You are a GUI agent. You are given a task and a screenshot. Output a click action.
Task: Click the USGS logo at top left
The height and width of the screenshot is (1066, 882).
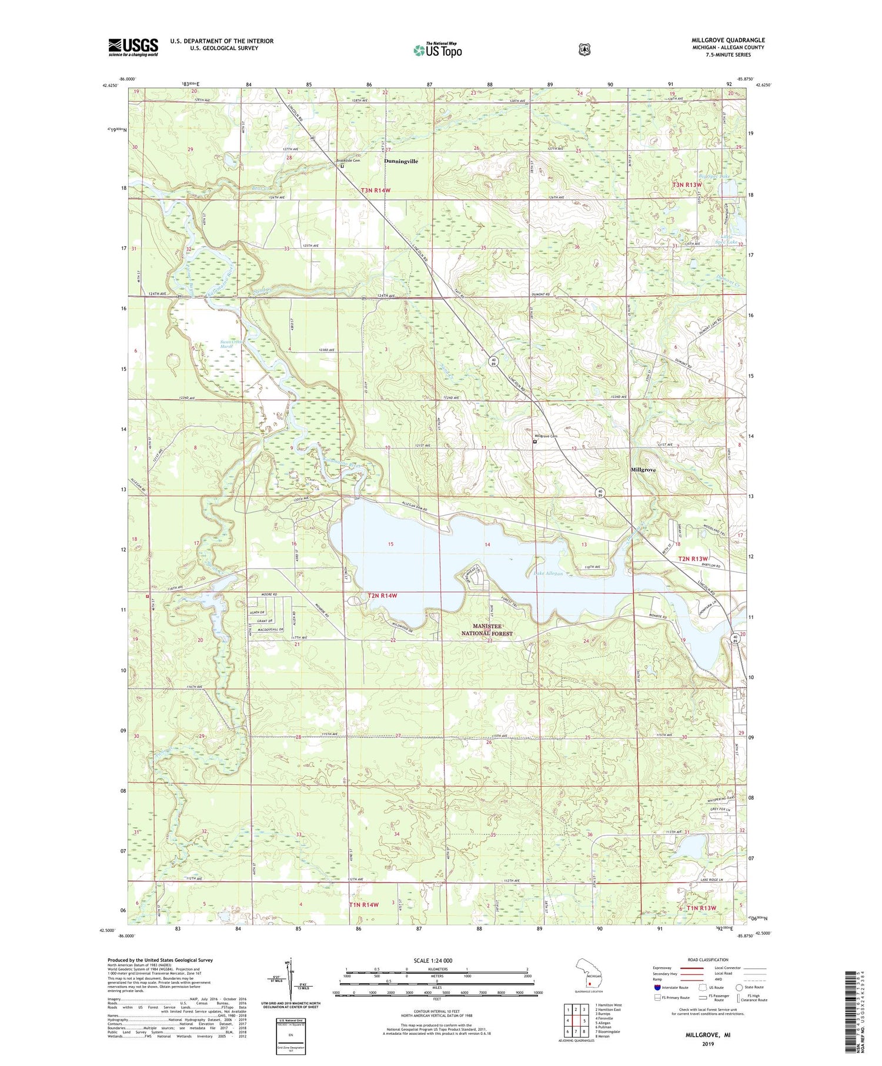point(133,47)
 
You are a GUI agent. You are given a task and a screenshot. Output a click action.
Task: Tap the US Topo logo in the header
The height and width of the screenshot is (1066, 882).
point(437,50)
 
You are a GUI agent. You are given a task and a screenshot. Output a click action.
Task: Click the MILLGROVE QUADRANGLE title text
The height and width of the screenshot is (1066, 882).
point(728,40)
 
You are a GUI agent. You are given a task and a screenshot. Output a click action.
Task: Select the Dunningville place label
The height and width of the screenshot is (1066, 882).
point(401,161)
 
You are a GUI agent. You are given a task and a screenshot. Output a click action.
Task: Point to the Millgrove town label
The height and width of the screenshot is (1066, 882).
point(643,470)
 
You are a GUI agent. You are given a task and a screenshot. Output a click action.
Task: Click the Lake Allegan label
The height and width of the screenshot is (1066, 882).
point(548,573)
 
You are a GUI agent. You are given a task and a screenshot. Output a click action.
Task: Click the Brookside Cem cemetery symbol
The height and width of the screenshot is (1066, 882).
point(343,166)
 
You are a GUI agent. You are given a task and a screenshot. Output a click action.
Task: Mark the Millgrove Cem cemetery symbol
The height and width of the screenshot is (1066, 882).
point(534,442)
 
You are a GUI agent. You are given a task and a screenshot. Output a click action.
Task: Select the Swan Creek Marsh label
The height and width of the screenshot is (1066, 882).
point(227,344)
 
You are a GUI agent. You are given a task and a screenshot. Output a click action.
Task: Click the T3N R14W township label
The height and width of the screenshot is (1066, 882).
point(376,191)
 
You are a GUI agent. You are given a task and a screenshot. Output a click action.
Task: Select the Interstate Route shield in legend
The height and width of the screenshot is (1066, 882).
point(657,987)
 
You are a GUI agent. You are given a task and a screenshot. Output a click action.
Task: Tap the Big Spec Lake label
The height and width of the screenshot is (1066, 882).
point(714,176)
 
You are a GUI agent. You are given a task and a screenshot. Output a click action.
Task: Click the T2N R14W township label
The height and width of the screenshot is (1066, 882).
point(382,596)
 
